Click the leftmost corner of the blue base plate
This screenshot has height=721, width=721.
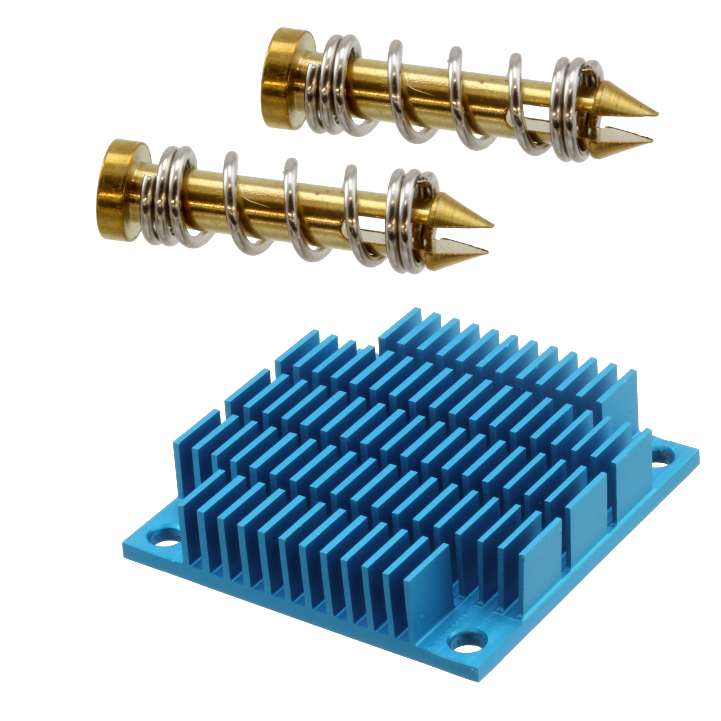124,552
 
